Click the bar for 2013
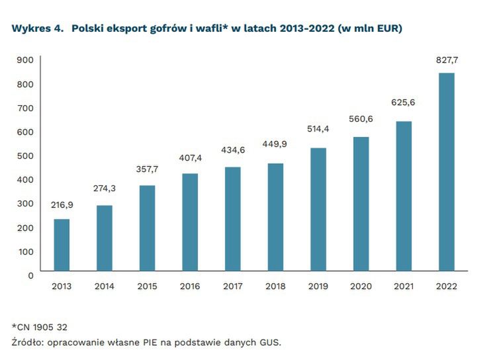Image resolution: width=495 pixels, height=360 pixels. coord(62,245)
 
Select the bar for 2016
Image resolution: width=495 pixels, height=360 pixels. coord(190,222)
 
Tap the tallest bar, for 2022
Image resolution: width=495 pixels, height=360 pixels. coord(447,171)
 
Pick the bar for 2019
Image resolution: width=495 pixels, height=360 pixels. coord(318,209)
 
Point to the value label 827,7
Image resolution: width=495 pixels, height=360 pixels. coord(447,60)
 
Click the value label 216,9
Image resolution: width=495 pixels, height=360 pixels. coord(62,205)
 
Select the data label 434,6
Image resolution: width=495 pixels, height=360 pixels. coord(232,150)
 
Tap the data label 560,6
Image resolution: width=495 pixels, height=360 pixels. coord(361,119)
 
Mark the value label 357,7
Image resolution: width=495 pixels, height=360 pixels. coord(147,169)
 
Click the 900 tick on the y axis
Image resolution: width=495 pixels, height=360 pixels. coord(25,60)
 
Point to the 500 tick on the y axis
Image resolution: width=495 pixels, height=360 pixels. coord(25,156)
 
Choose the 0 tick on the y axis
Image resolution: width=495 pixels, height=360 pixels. coord(30,275)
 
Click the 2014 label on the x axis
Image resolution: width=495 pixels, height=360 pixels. coord(105,287)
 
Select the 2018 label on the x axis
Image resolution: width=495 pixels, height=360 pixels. coord(275,287)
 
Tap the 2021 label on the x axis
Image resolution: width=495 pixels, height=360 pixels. coord(404,287)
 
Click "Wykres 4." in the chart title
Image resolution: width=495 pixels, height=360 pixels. coord(38,29)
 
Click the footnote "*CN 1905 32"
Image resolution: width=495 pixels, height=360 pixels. coord(39,327)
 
